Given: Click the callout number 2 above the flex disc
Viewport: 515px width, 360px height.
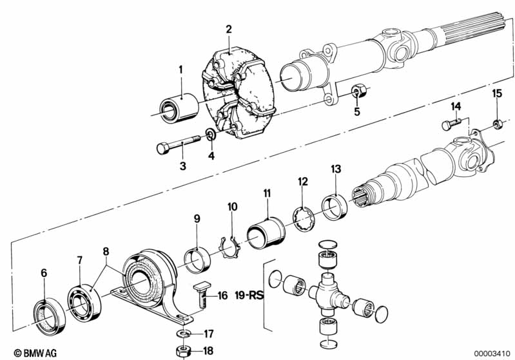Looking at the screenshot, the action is click(x=229, y=29).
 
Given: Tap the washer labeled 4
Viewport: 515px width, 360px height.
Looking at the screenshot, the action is click(x=211, y=134).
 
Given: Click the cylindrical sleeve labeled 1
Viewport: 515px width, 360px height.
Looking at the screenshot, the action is click(x=179, y=108).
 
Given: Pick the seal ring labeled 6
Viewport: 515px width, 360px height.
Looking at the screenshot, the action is click(x=50, y=316).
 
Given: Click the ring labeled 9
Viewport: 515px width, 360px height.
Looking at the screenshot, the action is click(x=197, y=260).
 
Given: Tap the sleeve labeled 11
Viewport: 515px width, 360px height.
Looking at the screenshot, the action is click(x=266, y=232).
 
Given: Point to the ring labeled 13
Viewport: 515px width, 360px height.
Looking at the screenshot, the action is click(x=335, y=207).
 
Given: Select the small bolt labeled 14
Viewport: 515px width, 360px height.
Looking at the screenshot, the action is click(x=452, y=124).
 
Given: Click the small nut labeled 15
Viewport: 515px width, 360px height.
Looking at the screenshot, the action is click(x=496, y=125).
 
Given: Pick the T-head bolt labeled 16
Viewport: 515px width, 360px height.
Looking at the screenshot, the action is click(x=200, y=295).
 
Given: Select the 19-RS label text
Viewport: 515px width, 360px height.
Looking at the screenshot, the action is click(x=249, y=295).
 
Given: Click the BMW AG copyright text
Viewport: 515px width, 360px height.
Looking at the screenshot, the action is click(x=35, y=353).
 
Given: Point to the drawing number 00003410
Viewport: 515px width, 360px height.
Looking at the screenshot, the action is click(x=492, y=354).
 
